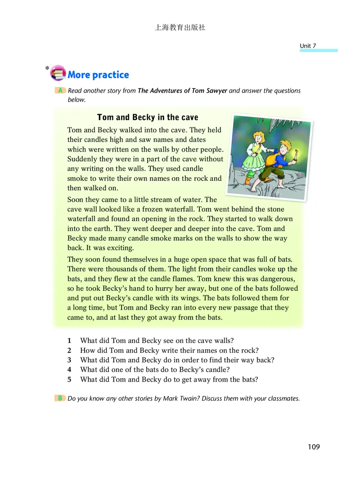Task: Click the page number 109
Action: [x=314, y=447]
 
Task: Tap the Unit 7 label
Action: [x=308, y=46]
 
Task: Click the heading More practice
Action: [x=98, y=75]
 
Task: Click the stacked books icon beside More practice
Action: [x=58, y=72]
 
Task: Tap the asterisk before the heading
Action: [x=47, y=68]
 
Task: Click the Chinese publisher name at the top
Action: [x=180, y=27]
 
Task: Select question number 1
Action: [x=69, y=340]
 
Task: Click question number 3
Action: [x=69, y=360]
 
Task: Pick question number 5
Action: [x=69, y=379]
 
